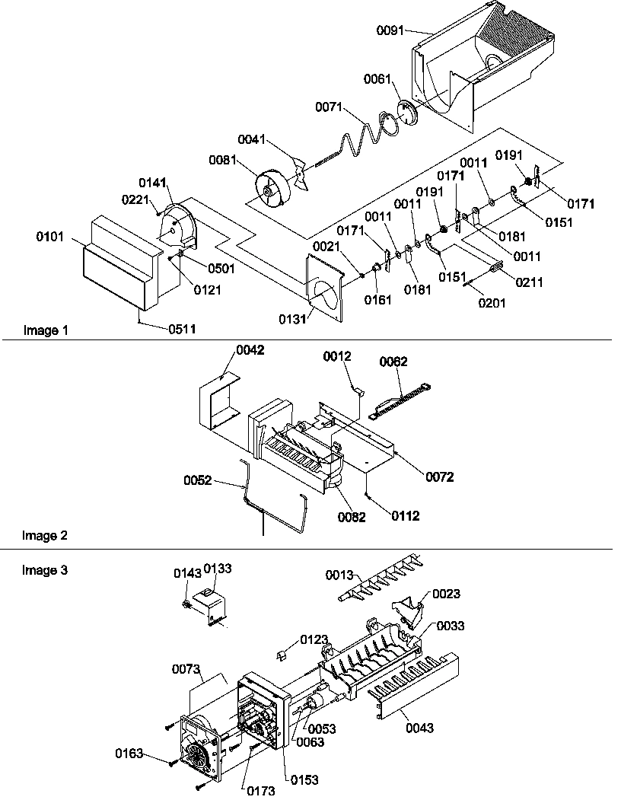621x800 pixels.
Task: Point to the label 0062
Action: (393, 363)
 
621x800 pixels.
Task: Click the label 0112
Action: (404, 516)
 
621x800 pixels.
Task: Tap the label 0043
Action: (419, 728)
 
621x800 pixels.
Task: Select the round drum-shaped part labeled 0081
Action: (271, 187)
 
